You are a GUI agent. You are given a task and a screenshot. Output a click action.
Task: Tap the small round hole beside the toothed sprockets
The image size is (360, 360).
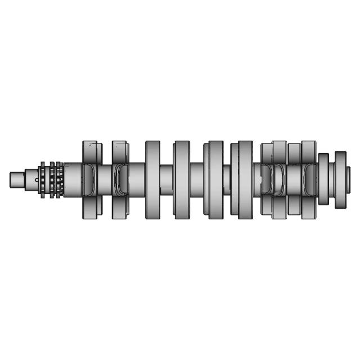click(37, 180)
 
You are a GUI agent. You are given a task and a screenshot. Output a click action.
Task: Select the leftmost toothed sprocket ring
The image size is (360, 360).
click(43, 180)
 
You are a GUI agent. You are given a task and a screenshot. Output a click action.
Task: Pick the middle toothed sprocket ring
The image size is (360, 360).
click(52, 180)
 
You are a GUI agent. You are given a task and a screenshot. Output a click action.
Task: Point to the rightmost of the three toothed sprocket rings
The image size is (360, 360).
click(59, 180)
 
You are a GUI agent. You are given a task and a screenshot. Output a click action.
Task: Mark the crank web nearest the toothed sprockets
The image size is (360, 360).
click(89, 180)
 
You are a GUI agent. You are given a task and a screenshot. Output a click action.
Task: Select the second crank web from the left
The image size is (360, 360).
click(120, 180)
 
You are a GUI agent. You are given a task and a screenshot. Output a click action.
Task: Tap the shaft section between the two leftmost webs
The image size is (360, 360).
click(105, 179)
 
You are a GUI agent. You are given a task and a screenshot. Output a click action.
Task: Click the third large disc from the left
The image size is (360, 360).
click(152, 179)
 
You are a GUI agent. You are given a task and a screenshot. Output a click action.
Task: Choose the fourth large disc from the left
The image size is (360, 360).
click(182, 179)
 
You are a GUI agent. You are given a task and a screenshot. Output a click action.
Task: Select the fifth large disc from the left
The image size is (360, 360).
click(214, 179)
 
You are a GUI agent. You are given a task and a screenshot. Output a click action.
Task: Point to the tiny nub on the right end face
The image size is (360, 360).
click(349, 179)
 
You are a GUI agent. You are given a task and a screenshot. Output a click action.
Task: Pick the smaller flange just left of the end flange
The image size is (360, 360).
click(323, 179)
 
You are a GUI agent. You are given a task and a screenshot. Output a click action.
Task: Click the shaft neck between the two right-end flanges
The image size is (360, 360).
click(332, 179)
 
